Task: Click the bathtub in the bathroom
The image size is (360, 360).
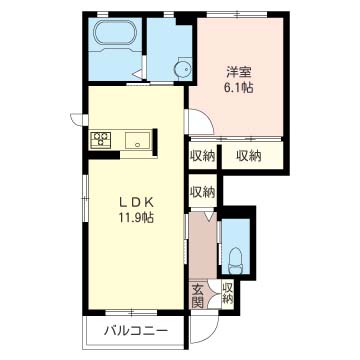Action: [x=115, y=33]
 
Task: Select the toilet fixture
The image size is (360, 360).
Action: [x=236, y=260]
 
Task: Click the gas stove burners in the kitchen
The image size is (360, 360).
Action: [x=100, y=139]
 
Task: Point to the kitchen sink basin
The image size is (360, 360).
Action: [x=137, y=140]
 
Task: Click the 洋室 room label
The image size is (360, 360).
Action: [x=239, y=72]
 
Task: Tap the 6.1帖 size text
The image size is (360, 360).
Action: [x=239, y=88]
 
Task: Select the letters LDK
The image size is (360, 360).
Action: [x=137, y=202]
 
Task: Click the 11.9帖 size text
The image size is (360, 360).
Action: [x=136, y=218]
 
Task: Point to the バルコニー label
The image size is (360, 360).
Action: [x=135, y=331]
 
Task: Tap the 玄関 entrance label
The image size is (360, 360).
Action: [x=197, y=296]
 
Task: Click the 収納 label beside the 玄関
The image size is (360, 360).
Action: [x=227, y=293]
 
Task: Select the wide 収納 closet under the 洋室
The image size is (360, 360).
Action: [x=249, y=156]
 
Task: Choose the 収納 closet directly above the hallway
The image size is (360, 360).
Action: [x=202, y=192]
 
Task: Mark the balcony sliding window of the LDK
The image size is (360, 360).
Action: [x=131, y=313]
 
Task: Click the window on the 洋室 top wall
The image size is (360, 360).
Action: [x=237, y=14]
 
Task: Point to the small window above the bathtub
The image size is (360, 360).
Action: [x=103, y=14]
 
